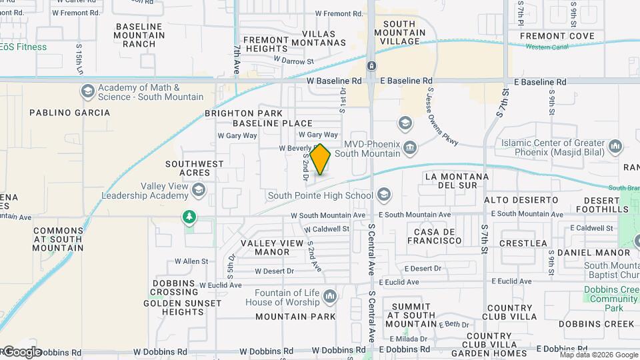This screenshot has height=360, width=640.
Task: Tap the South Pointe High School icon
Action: pyautogui.click(x=383, y=195)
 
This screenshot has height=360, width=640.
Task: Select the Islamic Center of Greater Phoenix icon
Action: pyautogui.click(x=615, y=145)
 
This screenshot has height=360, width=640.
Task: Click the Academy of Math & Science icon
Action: pyautogui.click(x=87, y=91)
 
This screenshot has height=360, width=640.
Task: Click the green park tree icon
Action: pyautogui.click(x=190, y=217)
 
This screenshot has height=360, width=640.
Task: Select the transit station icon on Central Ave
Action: pyautogui.click(x=371, y=65)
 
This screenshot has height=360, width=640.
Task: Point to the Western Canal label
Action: pyautogui.click(x=548, y=47)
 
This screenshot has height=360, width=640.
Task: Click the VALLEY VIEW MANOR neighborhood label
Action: pyautogui.click(x=273, y=247)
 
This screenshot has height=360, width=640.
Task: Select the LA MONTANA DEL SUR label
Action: pyautogui.click(x=457, y=181)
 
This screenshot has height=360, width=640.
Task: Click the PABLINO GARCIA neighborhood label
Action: pyautogui.click(x=70, y=113)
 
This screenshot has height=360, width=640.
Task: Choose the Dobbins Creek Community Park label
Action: pyautogui.click(x=610, y=299)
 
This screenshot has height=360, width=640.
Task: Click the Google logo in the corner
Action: pyautogui.click(x=21, y=351)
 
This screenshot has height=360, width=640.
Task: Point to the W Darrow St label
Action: pyautogui.click(x=295, y=61)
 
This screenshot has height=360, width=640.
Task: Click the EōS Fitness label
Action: pyautogui.click(x=24, y=47)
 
